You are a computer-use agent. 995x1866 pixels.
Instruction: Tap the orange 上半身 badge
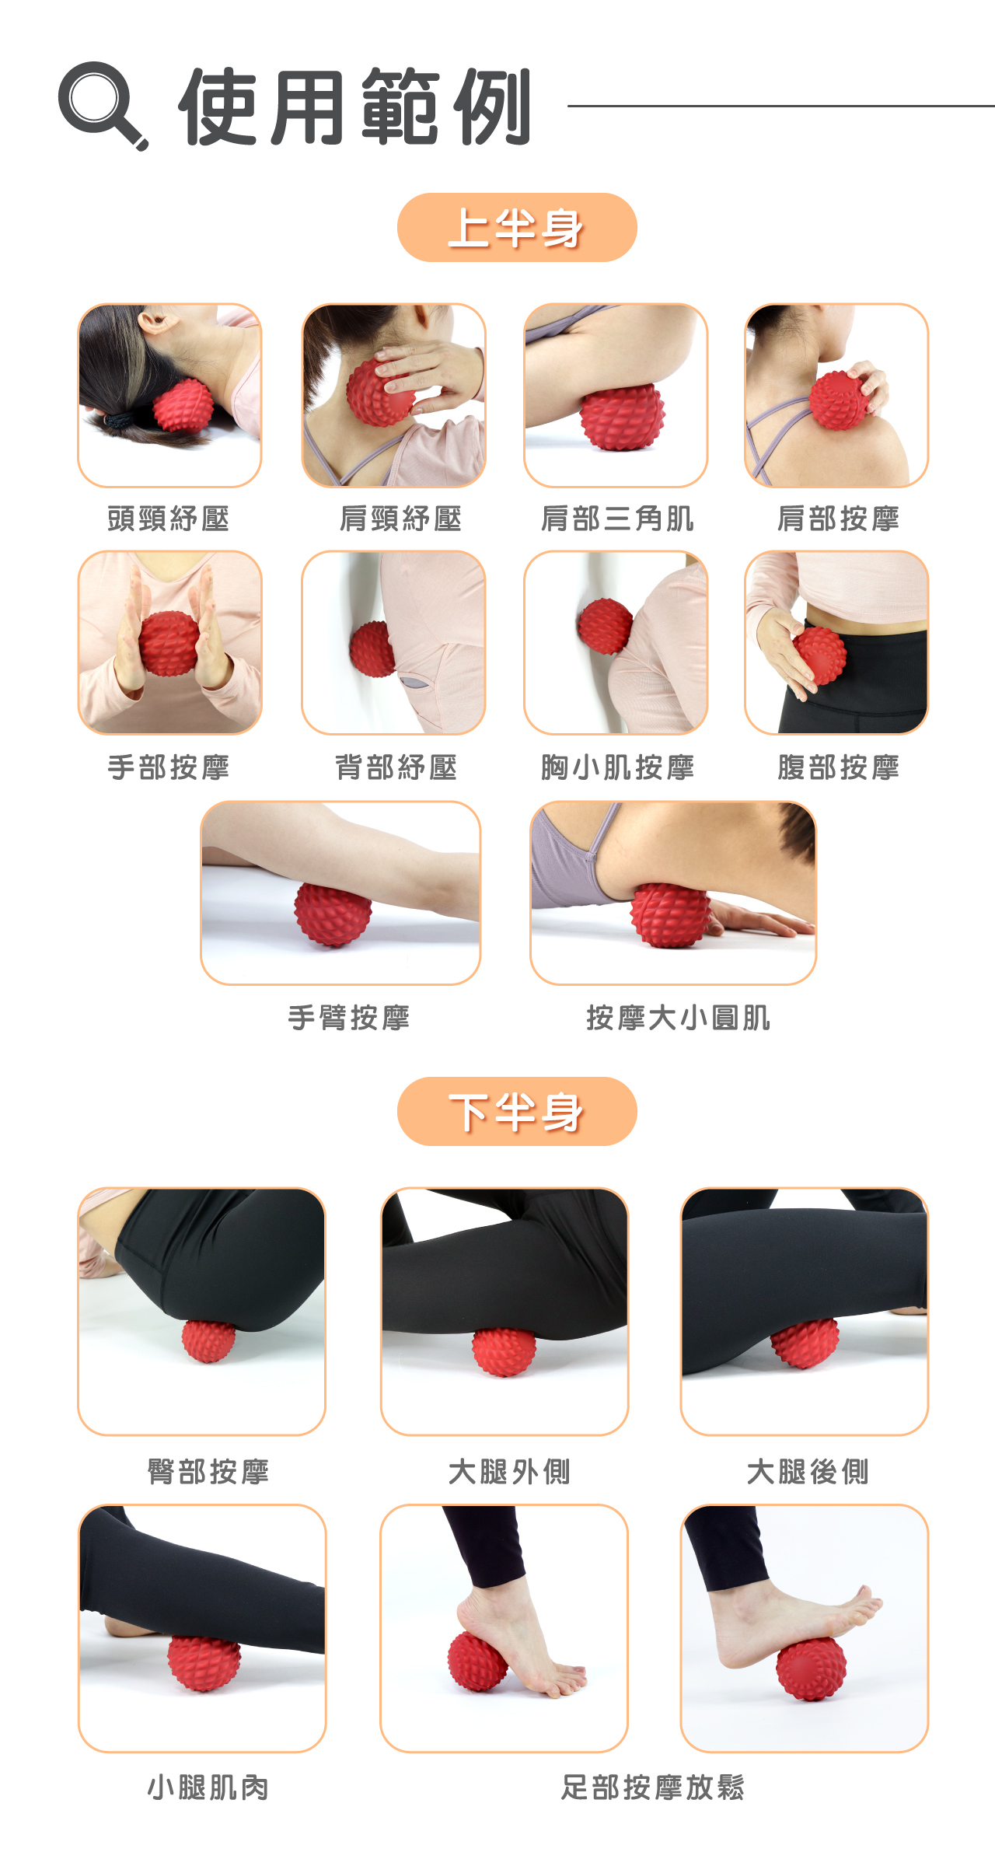tap(517, 227)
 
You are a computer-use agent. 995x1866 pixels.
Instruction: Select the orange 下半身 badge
tap(517, 1111)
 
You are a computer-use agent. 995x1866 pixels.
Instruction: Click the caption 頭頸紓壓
tap(169, 519)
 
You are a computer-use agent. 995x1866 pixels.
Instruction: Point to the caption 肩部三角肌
tap(617, 519)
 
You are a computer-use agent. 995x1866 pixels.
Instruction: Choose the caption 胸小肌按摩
tap(617, 767)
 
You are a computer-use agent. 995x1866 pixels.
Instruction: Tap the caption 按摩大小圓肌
tap(678, 1018)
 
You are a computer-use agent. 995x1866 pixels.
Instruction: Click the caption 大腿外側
tap(509, 1472)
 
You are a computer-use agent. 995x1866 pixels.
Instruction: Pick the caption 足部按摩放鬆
tap(653, 1787)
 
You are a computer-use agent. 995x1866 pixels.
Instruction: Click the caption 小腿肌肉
tap(208, 1787)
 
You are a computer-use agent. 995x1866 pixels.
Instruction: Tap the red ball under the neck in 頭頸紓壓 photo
tap(183, 405)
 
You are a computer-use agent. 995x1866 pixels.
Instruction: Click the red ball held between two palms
tap(169, 643)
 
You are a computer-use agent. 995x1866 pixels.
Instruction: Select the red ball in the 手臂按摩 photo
tap(333, 914)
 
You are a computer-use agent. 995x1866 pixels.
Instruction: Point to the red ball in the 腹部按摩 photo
tap(820, 655)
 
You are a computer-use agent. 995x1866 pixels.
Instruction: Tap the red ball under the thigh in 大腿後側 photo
tap(805, 1344)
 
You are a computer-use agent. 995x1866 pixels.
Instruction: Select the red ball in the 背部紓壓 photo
tap(373, 648)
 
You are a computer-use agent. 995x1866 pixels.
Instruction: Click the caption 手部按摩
tap(169, 767)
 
